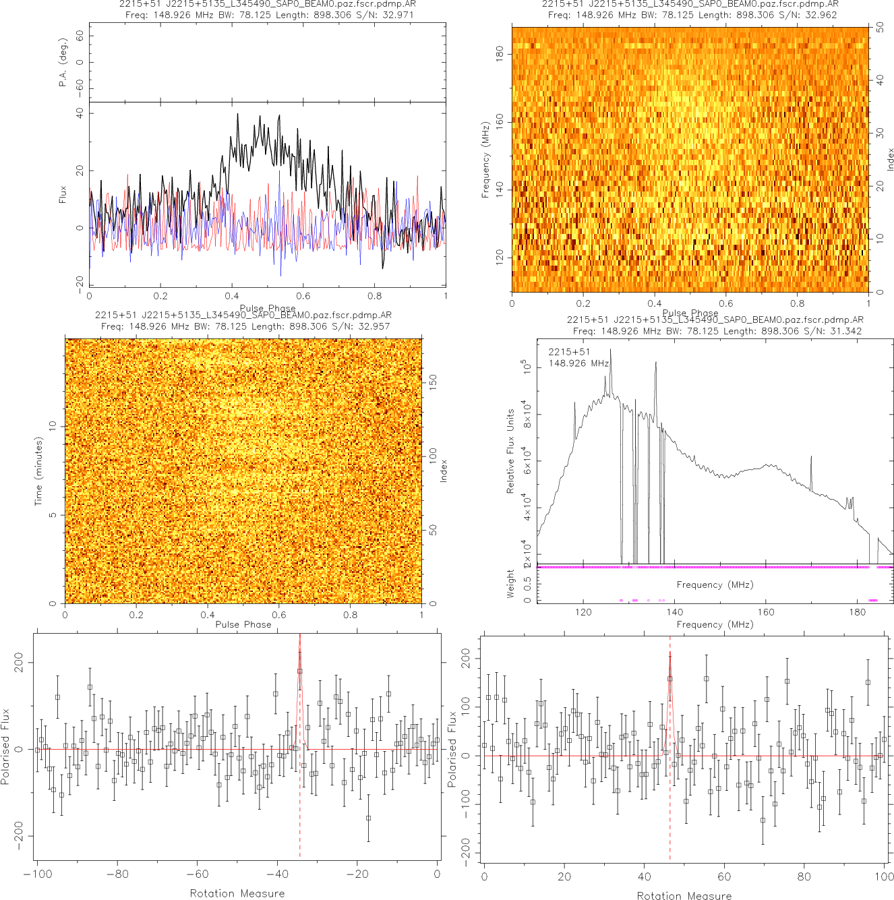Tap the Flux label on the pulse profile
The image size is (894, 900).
(63, 195)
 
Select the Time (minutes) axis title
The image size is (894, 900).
(38, 471)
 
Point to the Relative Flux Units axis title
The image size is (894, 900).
(510, 451)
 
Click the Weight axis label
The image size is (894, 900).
(510, 584)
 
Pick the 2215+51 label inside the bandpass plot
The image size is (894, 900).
(569, 352)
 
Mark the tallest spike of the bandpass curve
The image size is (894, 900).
(611, 350)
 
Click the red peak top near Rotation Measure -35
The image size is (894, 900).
(299, 636)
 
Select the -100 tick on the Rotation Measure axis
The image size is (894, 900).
(37, 874)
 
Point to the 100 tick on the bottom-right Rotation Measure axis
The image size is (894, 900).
(884, 876)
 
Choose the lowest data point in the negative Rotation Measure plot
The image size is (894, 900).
(368, 818)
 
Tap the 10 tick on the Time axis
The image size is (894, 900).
(52, 426)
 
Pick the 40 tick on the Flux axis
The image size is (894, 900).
(80, 113)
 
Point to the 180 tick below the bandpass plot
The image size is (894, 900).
(857, 612)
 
